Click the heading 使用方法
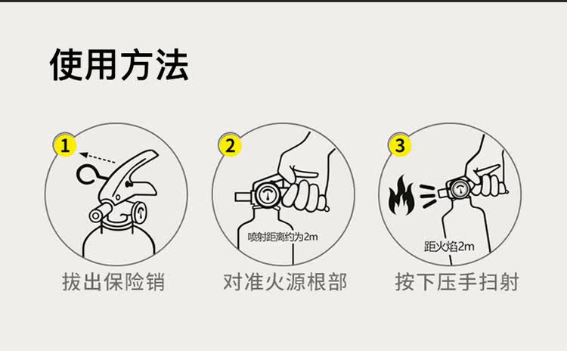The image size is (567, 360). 119,65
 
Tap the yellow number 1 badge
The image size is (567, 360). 66,144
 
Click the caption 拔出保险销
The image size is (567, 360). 113,283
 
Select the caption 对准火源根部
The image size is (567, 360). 284,283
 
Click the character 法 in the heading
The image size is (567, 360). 172,65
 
